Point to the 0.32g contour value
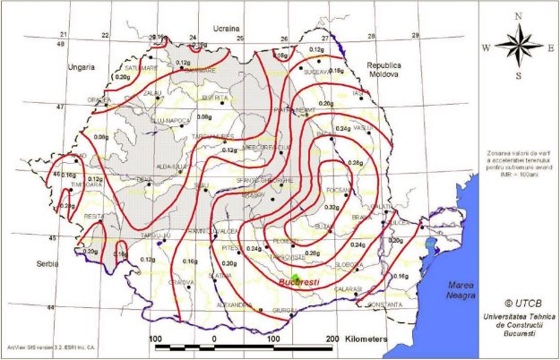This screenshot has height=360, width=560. point(344,207)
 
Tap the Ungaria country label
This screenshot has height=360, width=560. point(82,66)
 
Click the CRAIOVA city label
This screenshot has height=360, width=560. point(181,282)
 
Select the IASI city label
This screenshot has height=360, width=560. point(358,92)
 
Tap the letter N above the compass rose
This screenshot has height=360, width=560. point(519,16)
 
